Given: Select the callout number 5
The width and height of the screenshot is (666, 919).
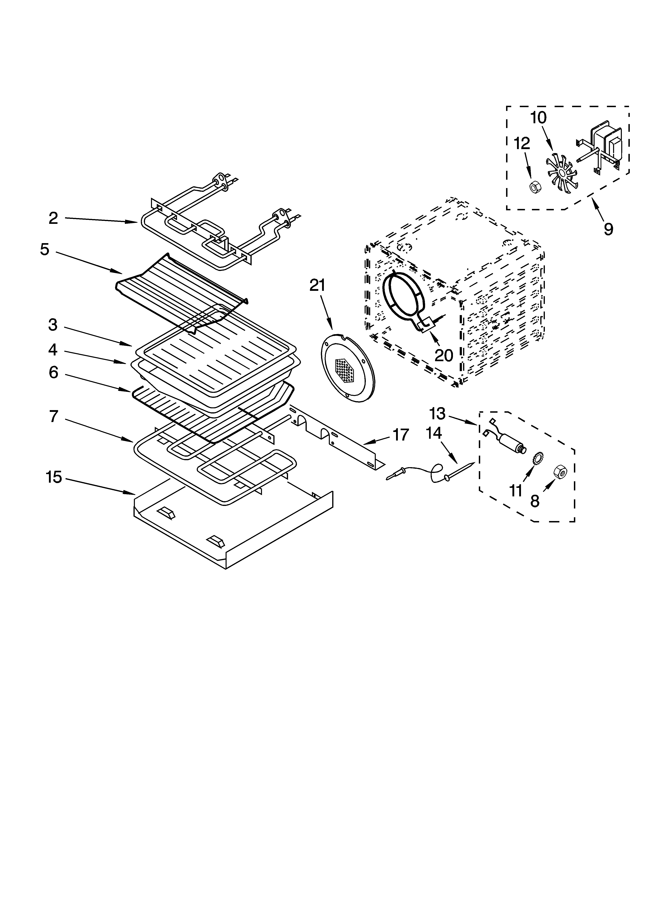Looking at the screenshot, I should point(45,249).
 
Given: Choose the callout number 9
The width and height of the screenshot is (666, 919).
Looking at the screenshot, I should point(608,229).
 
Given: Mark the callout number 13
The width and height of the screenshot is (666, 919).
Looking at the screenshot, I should point(437,414).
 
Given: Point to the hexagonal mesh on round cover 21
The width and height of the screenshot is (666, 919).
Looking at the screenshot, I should point(345,371).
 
